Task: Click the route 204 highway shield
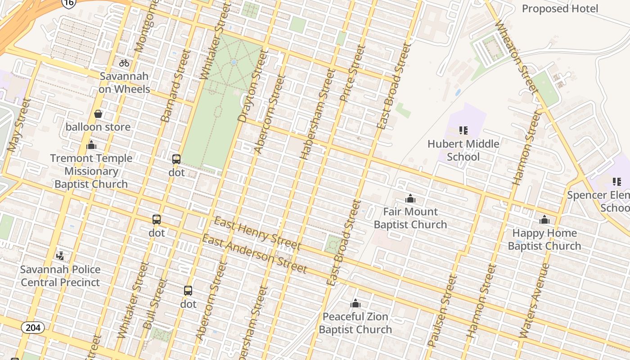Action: pos(33,327)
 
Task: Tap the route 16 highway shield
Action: pos(69,4)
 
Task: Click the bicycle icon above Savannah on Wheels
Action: pos(124,63)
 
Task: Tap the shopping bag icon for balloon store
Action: pos(98,114)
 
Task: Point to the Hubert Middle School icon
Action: pos(463,130)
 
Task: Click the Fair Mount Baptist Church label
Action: pos(410,218)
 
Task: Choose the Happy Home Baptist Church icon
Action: pos(544,220)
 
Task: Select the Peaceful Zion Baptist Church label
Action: pos(355,323)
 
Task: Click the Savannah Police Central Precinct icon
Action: pos(60,256)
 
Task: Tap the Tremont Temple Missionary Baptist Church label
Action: pos(91,171)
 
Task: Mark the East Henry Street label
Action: pos(257,233)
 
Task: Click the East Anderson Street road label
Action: pos(254,254)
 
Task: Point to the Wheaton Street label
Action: pos(517,57)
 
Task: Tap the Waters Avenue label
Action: pos(535,301)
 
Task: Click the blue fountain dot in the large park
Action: pos(233,62)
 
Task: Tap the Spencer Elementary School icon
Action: pos(616,182)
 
